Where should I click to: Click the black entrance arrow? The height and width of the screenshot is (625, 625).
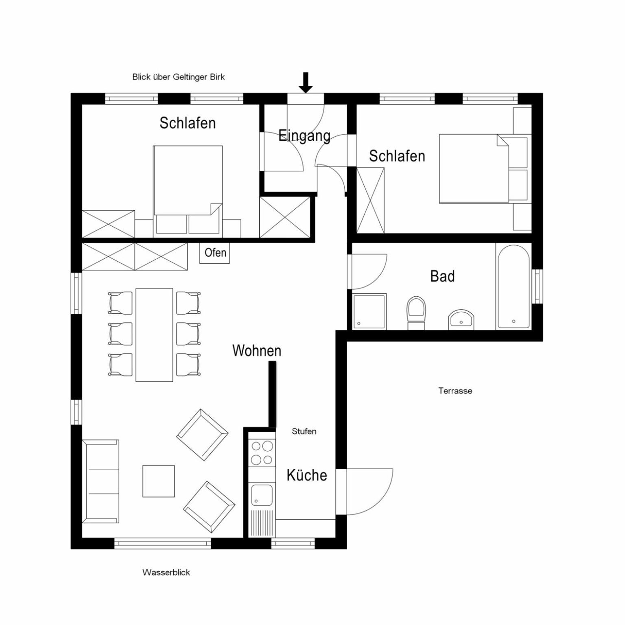(x=306, y=83)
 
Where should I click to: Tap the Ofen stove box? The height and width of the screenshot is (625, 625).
(x=215, y=253)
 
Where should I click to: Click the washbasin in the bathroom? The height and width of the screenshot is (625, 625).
(x=461, y=320)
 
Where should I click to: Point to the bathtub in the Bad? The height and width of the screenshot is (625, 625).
(x=514, y=286)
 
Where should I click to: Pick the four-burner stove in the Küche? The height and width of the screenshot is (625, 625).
(x=262, y=453)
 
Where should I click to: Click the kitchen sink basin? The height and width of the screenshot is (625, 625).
(x=262, y=495)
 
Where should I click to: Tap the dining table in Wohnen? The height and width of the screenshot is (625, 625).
(x=154, y=335)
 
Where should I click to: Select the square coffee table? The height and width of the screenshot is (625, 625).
(x=158, y=481)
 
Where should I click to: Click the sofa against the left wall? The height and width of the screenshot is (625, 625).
(x=101, y=481)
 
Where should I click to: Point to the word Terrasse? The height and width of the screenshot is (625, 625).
(x=455, y=391)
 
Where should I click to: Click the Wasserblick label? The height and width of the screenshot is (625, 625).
(x=166, y=572)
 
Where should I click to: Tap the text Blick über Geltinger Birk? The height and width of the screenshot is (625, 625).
(x=178, y=77)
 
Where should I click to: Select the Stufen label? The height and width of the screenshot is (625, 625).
(x=304, y=431)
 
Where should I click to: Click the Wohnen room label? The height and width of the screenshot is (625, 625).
(x=257, y=350)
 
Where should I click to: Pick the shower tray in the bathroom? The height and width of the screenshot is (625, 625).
(x=369, y=311)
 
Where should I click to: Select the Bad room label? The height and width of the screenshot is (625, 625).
(x=442, y=276)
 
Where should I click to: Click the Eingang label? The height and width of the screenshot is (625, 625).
(x=304, y=135)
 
